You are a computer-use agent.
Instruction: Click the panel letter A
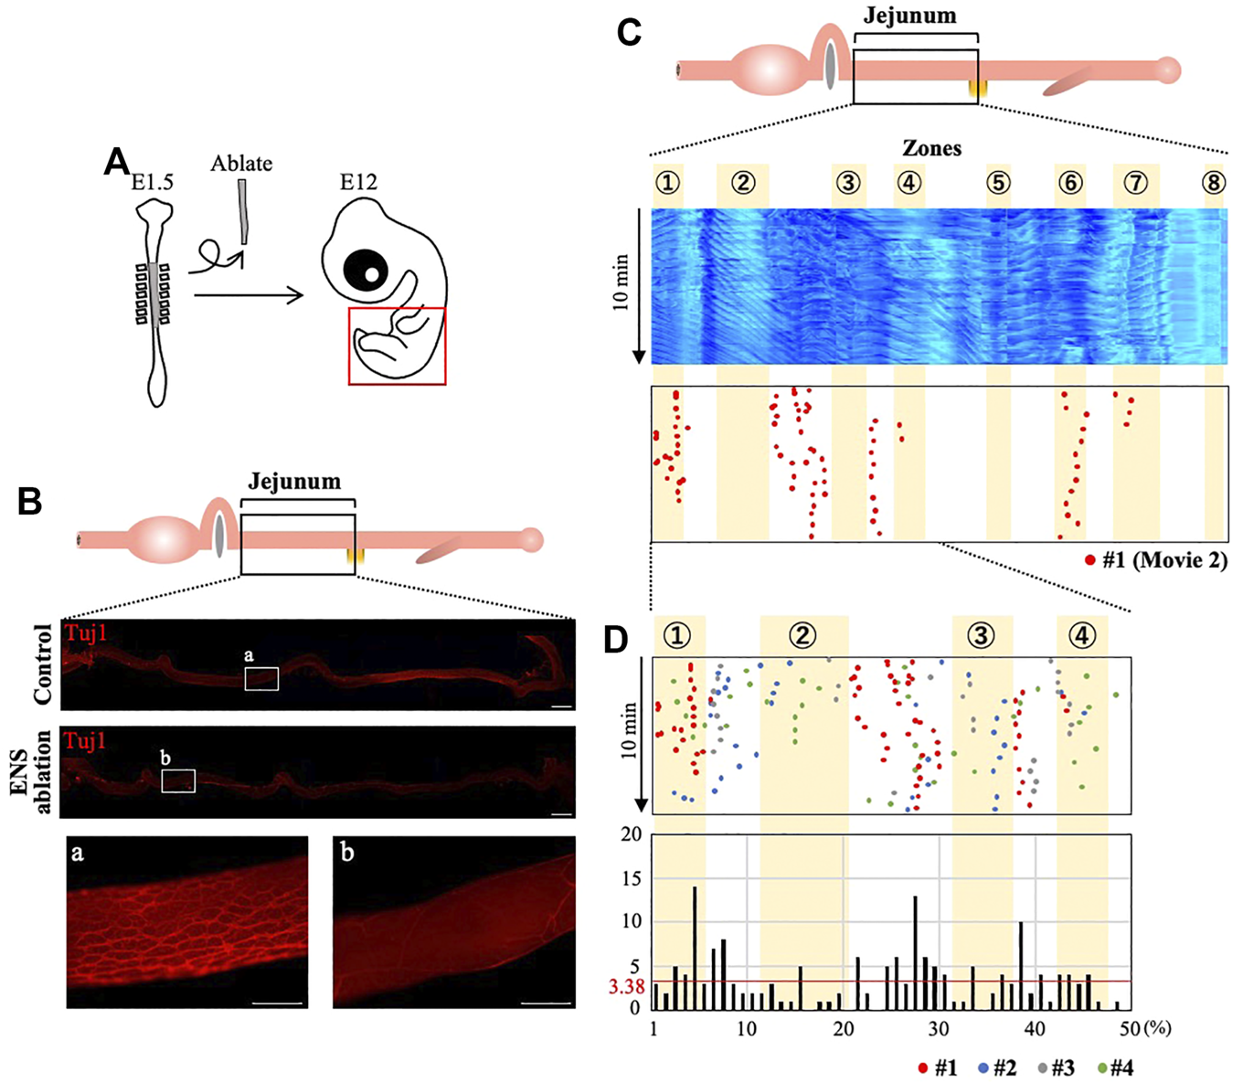tap(117, 162)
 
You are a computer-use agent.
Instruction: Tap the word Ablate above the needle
tap(241, 164)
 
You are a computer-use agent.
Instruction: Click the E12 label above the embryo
tap(358, 182)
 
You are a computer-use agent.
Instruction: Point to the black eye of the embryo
tap(366, 271)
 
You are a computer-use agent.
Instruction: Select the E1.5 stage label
tap(152, 182)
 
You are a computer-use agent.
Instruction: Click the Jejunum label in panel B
tap(294, 482)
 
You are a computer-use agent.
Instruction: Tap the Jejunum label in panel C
tap(910, 16)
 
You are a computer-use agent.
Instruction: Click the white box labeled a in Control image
tap(261, 678)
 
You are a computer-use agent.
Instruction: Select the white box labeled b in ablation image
tap(178, 780)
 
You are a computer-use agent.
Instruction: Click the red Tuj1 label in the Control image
tap(85, 632)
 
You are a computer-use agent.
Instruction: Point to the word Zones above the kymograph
tap(931, 148)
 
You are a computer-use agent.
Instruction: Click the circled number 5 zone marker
tap(998, 183)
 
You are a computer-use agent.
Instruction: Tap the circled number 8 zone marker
tap(1213, 183)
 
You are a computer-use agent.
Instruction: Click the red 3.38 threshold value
tap(627, 987)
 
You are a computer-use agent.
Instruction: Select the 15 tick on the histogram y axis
tap(631, 878)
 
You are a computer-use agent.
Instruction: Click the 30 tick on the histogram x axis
tap(939, 1029)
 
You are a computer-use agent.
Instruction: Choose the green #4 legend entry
tap(1114, 1068)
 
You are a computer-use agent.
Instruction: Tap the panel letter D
tap(617, 641)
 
